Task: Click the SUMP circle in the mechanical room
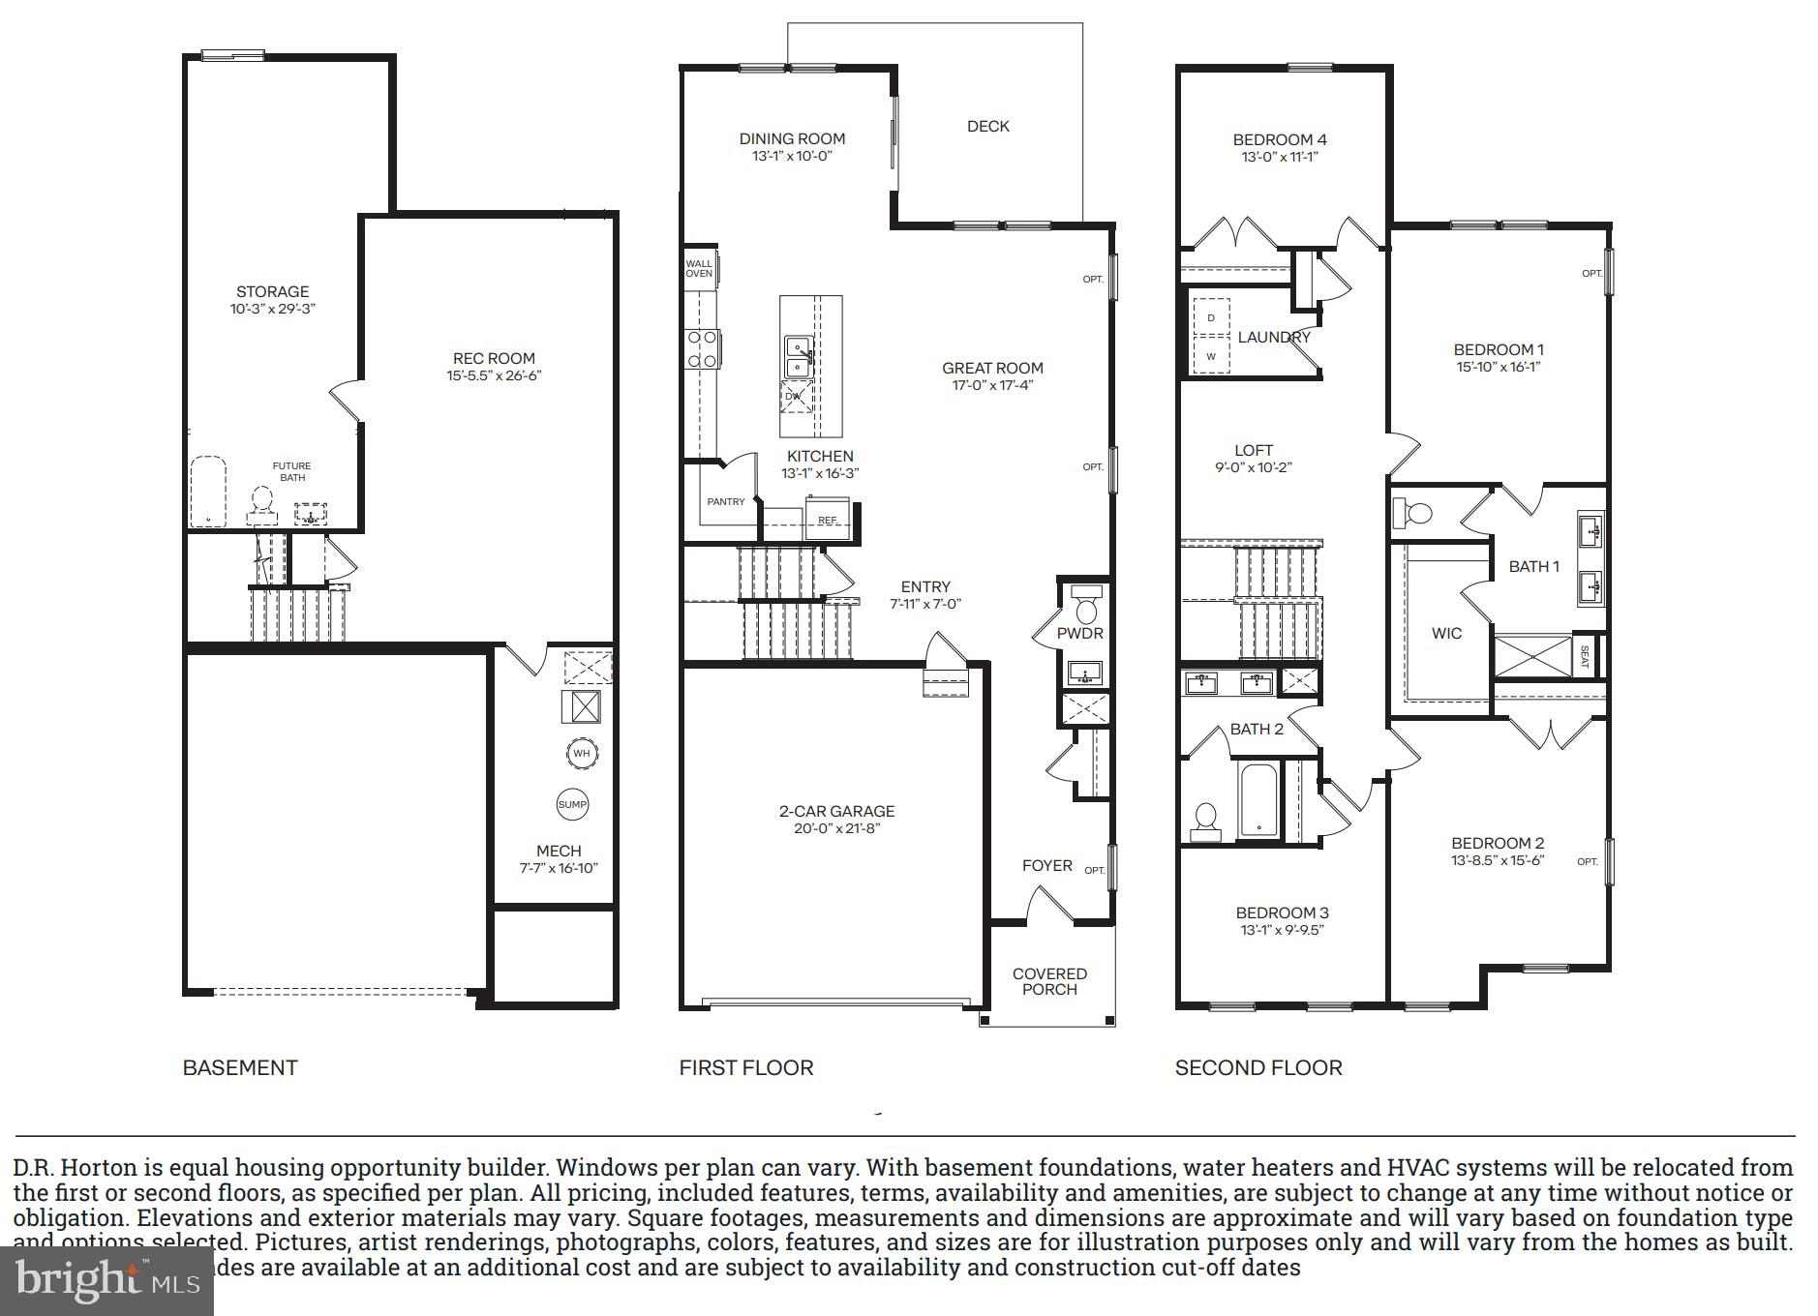[x=572, y=804]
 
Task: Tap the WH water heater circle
[x=581, y=753]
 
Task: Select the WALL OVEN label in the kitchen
[x=699, y=268]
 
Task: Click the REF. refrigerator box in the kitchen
[x=828, y=519]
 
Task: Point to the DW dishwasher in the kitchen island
[x=795, y=396]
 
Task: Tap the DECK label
[x=987, y=126]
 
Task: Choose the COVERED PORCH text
[x=1049, y=981]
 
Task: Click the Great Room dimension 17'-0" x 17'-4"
[x=992, y=385]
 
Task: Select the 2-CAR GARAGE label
[x=836, y=811]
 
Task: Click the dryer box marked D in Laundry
[x=1211, y=317]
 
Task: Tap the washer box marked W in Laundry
[x=1211, y=356]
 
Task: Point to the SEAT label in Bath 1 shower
[x=1584, y=656]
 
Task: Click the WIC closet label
[x=1446, y=633]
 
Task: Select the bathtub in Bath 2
[x=1258, y=800]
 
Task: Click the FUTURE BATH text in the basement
[x=291, y=471]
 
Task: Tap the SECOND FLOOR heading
[x=1257, y=1067]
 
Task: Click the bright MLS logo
[x=106, y=1280]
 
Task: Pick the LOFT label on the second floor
[x=1253, y=450]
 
